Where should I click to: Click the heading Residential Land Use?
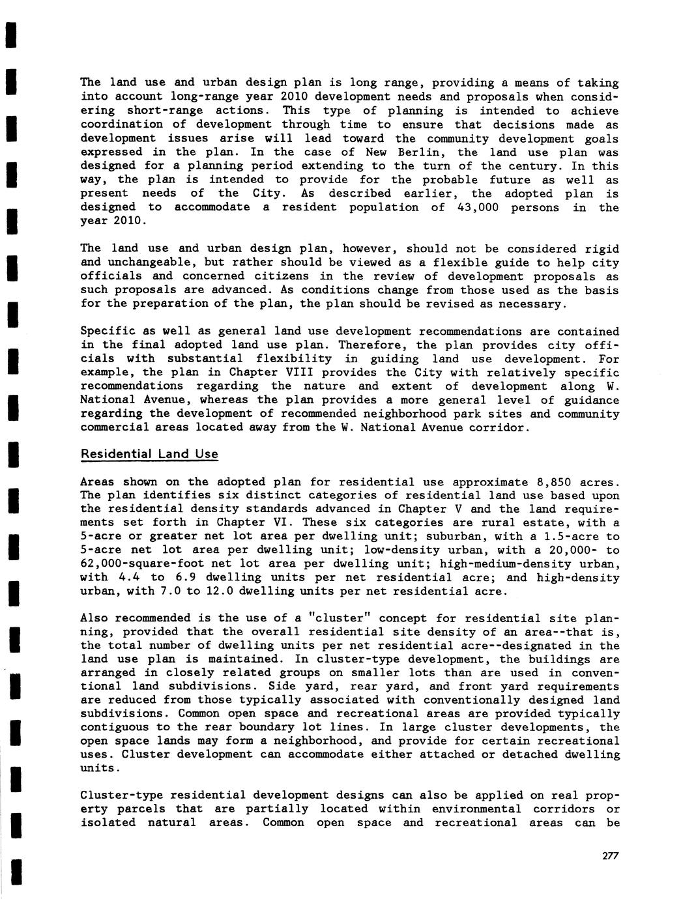tap(149, 454)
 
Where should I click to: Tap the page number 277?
tap(610, 856)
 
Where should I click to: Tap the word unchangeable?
tap(150, 263)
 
